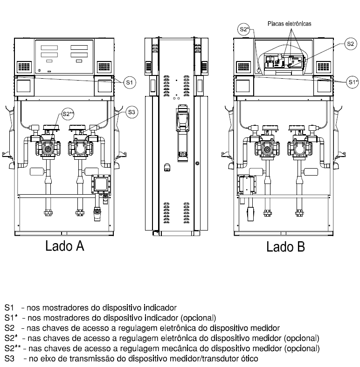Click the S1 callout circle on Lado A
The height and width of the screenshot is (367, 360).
pos(130,82)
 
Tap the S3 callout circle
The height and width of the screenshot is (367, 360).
pos(132,112)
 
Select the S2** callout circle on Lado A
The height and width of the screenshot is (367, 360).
pos(68,114)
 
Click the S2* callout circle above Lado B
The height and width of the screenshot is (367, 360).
pos(244,29)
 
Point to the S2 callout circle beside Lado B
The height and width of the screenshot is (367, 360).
pos(351,44)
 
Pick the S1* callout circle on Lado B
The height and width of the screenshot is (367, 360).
pos(353,82)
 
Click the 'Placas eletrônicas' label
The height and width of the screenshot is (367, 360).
pos(290,24)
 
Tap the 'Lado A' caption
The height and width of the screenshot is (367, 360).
pos(64,246)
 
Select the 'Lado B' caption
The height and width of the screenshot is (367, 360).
pos(285,247)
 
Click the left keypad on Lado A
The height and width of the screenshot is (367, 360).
pos(24,67)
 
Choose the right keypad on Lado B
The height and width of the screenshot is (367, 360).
pos(324,67)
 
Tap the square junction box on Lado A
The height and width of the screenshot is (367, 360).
pos(101,184)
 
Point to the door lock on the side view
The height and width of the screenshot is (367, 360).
pos(197,163)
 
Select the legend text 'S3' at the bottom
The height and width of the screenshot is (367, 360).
pos(9,359)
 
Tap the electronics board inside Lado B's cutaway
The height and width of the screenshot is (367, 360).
pos(284,61)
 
